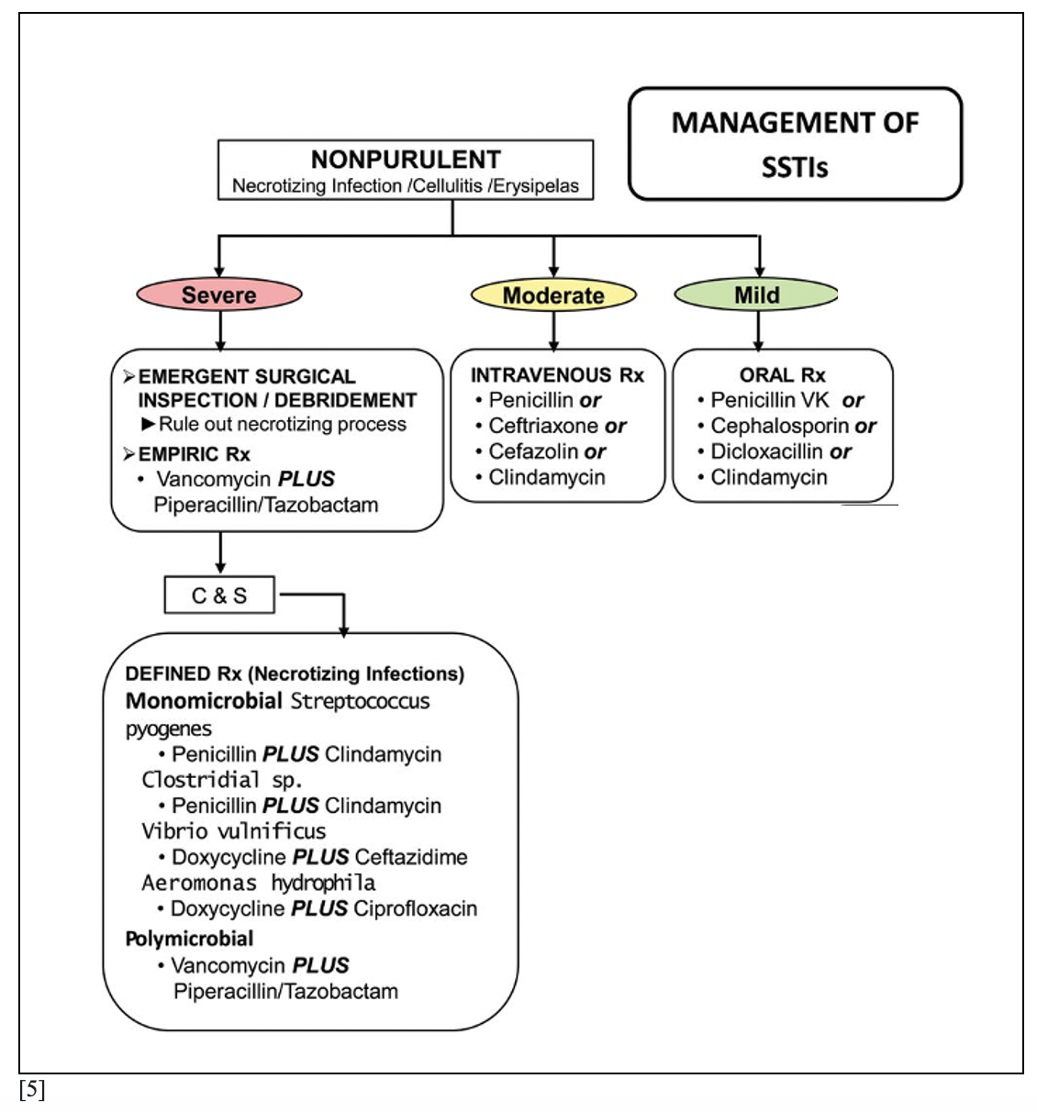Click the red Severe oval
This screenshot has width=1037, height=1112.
219,295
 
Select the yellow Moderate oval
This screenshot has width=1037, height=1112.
553,295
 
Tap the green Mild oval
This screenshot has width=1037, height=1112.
756,295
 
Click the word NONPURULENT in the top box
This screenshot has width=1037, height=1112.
406,160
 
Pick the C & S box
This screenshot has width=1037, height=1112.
219,595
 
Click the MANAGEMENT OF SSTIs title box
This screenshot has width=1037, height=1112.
795,144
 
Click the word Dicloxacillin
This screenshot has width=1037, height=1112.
767,451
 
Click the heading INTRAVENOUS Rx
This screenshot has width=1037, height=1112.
557,375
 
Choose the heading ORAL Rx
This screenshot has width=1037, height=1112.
782,375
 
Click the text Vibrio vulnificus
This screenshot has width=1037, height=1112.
234,831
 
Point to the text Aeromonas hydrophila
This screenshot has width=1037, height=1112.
258,883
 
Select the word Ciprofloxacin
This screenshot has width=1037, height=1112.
415,908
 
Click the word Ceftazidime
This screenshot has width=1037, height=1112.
410,857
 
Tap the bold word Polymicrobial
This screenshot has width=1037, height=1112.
189,939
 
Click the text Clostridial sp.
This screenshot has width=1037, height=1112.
222,780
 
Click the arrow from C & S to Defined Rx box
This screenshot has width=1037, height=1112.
343,595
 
